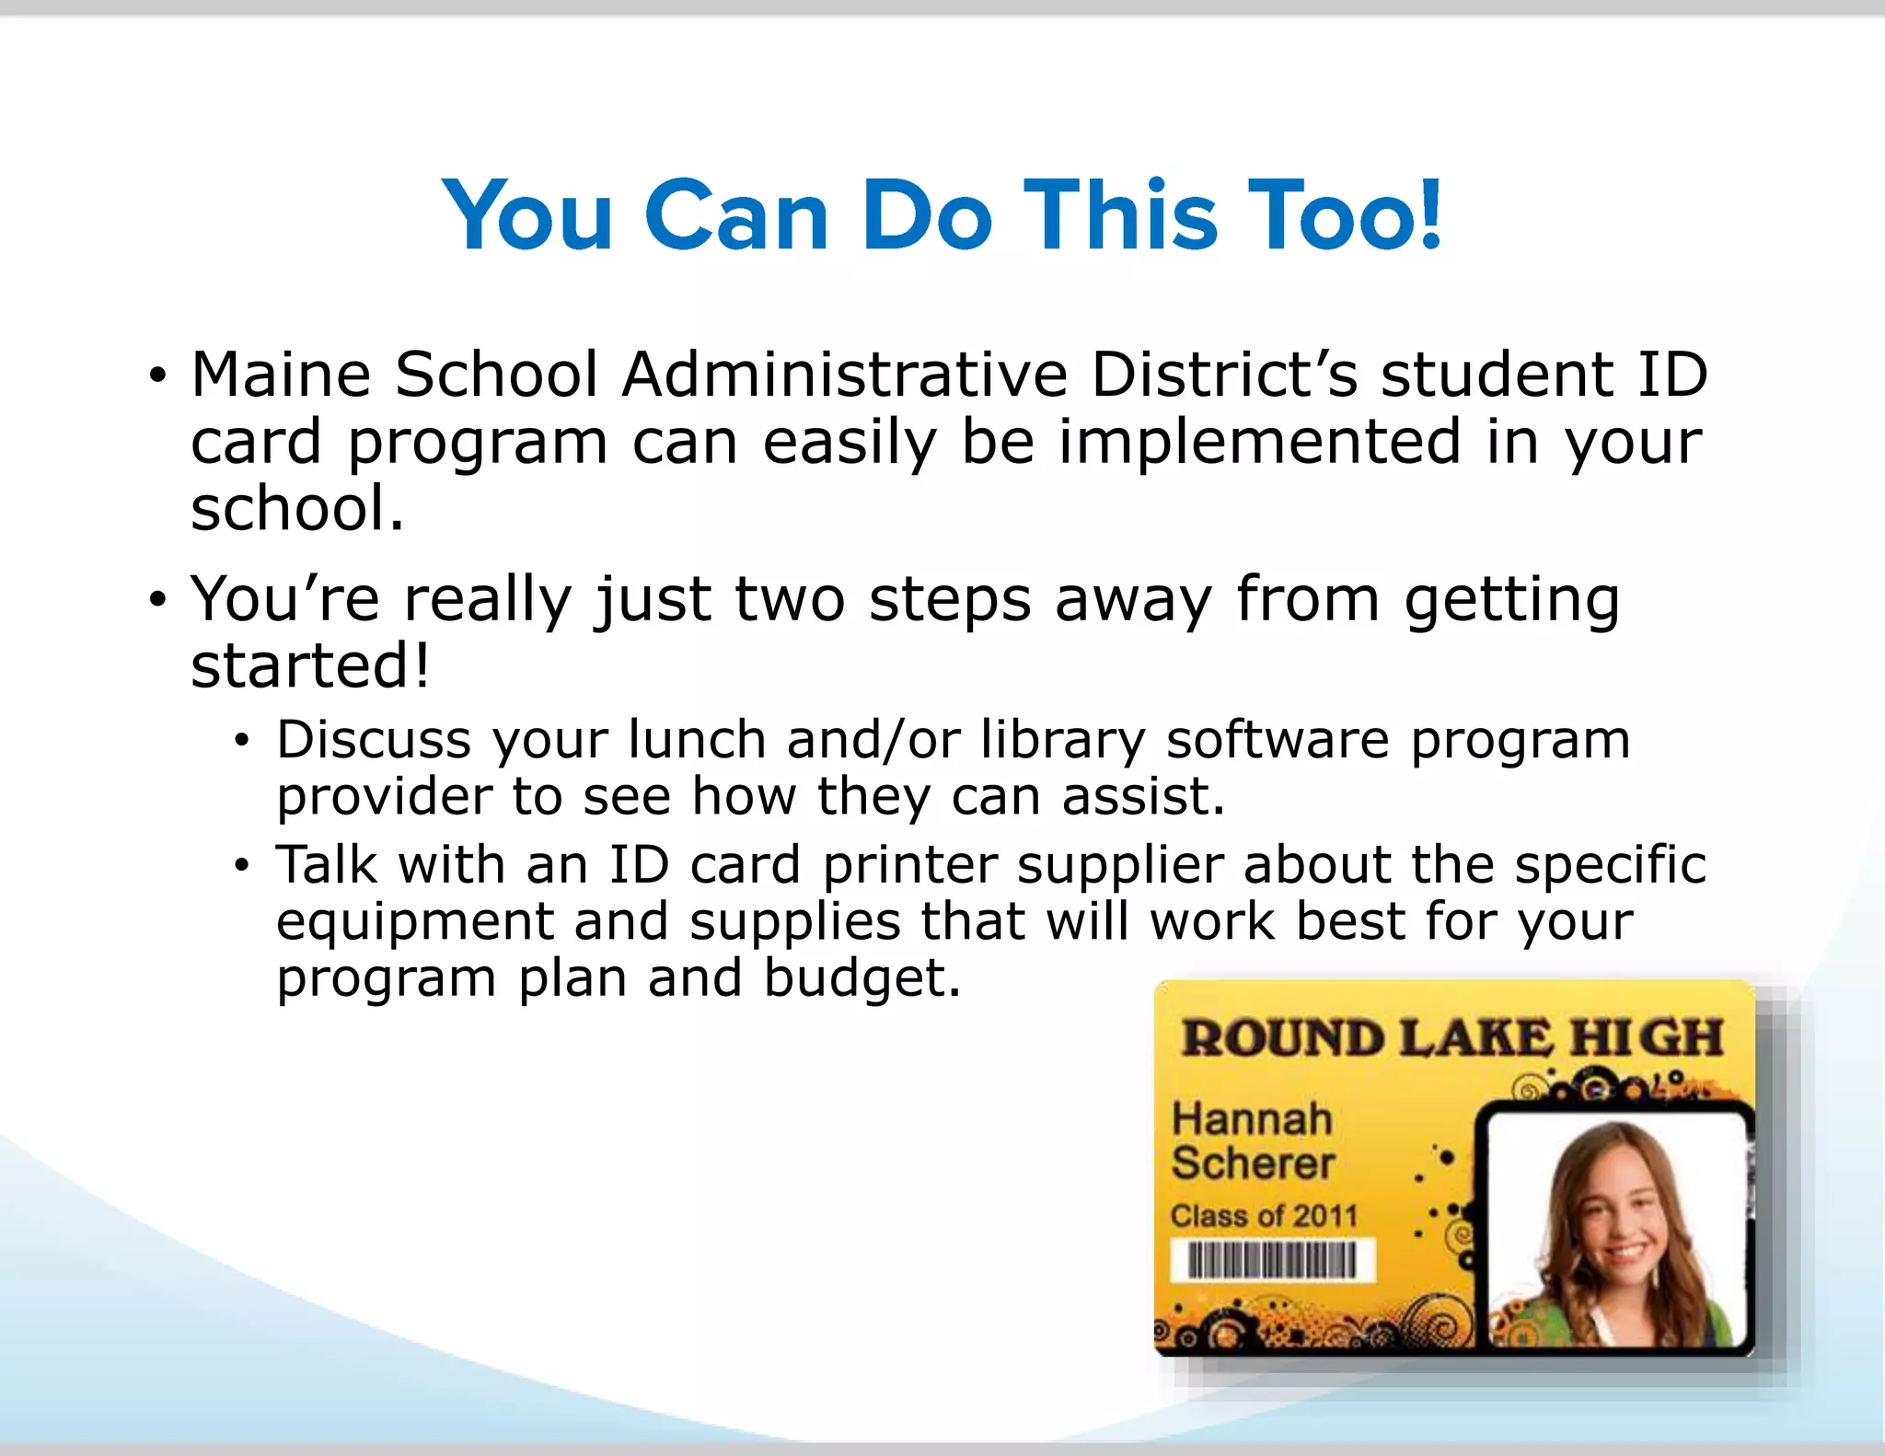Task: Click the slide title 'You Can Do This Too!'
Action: click(942, 215)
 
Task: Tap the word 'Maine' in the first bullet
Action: click(280, 375)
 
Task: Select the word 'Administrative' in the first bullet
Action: click(844, 375)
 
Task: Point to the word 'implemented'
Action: click(1259, 442)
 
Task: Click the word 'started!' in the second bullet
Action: click(309, 665)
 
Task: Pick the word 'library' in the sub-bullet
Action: click(1062, 739)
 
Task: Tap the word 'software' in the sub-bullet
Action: click(1278, 739)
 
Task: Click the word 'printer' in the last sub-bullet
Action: click(909, 865)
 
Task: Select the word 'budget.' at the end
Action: click(862, 977)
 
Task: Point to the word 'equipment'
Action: click(415, 922)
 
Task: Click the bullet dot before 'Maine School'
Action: click(158, 376)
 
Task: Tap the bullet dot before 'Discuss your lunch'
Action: click(241, 741)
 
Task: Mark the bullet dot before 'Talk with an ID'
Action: click(241, 866)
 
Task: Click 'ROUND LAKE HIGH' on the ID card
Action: click(1451, 1038)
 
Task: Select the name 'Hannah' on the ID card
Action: click(1252, 1119)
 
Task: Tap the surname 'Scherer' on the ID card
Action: click(1253, 1163)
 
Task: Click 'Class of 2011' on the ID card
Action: click(1264, 1216)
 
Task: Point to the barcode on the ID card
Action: click(1272, 1259)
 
